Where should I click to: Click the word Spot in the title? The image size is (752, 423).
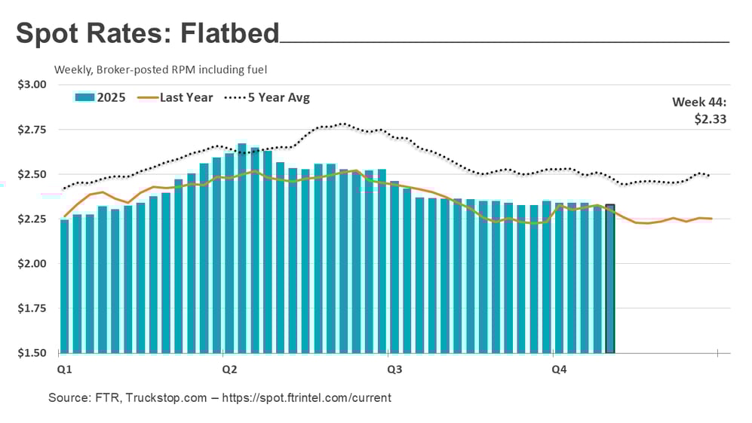pos(47,35)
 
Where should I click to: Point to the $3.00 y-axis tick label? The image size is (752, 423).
pos(32,85)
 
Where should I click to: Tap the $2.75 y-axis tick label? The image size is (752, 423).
pos(32,130)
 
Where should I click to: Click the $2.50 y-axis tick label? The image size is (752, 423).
pos(32,174)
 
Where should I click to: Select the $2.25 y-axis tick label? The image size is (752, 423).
pos(32,219)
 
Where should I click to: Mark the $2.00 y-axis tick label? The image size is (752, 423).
pos(32,264)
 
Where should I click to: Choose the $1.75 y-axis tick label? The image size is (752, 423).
pos(32,308)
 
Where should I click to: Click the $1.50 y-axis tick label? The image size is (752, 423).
pos(32,353)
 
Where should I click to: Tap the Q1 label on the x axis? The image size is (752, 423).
pos(64,369)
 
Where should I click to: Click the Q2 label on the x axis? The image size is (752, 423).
pos(229,369)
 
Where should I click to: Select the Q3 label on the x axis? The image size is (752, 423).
pos(394,369)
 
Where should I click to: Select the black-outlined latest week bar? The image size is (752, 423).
pos(609,279)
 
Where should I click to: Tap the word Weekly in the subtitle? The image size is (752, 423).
pos(73,69)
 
